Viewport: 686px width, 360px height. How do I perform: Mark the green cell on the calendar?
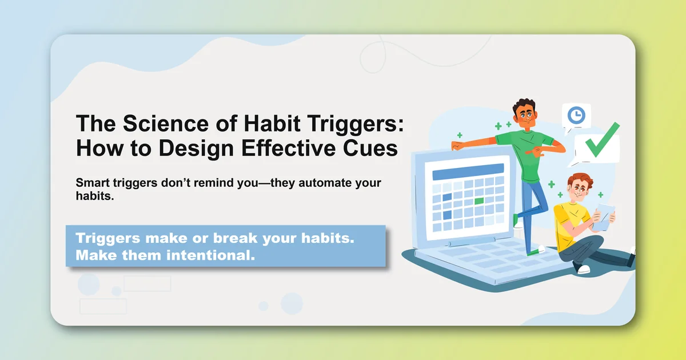click(x=479, y=201)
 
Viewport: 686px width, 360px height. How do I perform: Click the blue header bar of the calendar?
click(x=468, y=169)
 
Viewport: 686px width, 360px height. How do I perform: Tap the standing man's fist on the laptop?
click(x=456, y=145)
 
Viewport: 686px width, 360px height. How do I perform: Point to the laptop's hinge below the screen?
click(x=466, y=242)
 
